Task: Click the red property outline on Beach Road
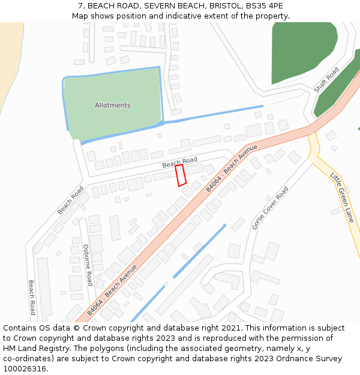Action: pos(181,175)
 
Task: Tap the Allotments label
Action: pos(112,106)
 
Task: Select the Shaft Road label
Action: pos(326,80)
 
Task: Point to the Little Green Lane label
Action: pos(342,197)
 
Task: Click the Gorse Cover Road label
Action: pos(270,208)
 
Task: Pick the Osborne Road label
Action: pos(87,265)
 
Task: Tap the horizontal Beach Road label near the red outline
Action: pos(179,162)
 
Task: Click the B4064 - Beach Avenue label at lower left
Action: pos(112,290)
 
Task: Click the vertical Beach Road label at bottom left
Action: pos(32,297)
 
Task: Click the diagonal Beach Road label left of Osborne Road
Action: pos(70,200)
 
